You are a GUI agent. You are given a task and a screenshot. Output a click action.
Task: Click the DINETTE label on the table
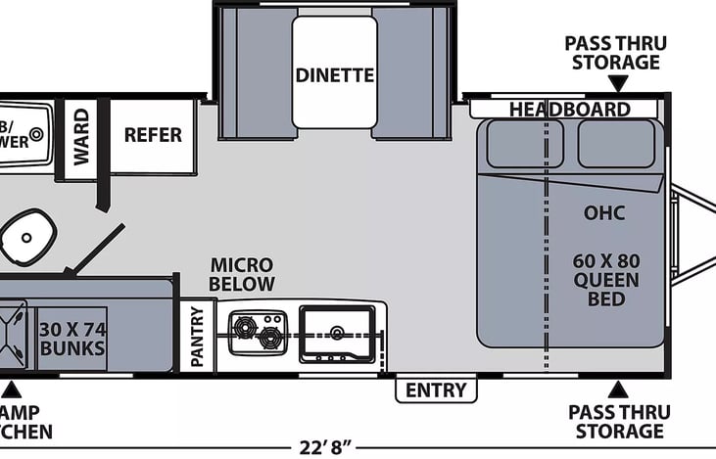click(x=334, y=74)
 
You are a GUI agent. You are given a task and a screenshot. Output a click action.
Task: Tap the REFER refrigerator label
click(x=153, y=135)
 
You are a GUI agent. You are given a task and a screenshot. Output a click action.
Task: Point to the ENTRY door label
click(x=436, y=390)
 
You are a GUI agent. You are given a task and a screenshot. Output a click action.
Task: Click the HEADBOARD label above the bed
click(x=568, y=110)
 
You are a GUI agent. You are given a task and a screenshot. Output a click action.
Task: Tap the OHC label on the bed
click(x=604, y=212)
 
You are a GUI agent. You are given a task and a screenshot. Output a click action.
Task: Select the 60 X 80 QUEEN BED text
click(x=606, y=280)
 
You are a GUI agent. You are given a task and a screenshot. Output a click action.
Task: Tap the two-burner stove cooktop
click(x=258, y=332)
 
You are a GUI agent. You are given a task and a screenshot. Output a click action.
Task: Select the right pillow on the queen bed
click(x=616, y=144)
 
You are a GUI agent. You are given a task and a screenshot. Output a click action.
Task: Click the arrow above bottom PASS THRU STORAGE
click(x=618, y=390)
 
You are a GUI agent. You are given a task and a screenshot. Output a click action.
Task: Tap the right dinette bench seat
click(x=412, y=73)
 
